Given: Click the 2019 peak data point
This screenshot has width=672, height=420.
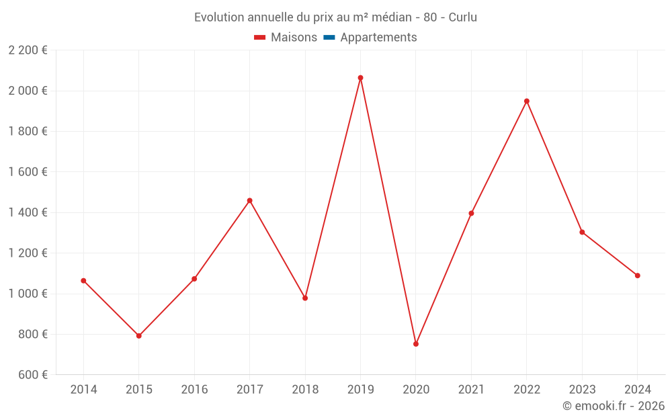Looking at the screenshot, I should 360,78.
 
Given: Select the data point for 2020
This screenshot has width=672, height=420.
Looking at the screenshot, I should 416,344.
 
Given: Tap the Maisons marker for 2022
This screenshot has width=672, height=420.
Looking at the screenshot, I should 527,101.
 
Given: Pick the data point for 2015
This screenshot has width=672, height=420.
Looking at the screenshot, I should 139,336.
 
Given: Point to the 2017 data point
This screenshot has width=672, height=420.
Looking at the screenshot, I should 249,201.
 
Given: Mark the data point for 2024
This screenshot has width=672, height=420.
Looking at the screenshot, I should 637,276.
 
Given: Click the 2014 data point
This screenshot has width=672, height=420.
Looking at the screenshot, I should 83,281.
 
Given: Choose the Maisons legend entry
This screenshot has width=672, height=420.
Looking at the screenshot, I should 286,38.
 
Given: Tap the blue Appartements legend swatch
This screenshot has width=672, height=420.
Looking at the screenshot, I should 329,38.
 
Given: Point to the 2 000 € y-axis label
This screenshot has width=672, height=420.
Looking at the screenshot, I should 28,91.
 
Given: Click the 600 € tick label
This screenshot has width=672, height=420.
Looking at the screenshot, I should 32,375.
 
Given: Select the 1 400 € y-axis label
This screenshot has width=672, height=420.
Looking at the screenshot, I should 28,212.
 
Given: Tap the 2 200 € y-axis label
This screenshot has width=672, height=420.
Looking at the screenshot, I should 28,50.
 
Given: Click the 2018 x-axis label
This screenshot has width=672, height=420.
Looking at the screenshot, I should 305,390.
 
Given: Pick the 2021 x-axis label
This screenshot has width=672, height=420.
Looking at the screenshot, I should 471,390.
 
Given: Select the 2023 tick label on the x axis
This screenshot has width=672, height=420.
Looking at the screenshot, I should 582,390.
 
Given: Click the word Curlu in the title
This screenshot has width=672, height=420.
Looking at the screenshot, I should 462,17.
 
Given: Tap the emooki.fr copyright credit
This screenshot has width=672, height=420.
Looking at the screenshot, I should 614,406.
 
